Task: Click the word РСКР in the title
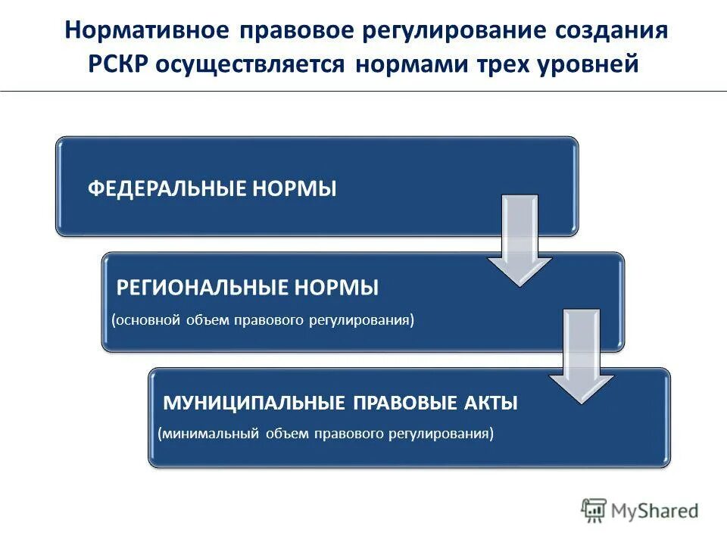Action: (x=119, y=64)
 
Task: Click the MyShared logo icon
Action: (x=594, y=511)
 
